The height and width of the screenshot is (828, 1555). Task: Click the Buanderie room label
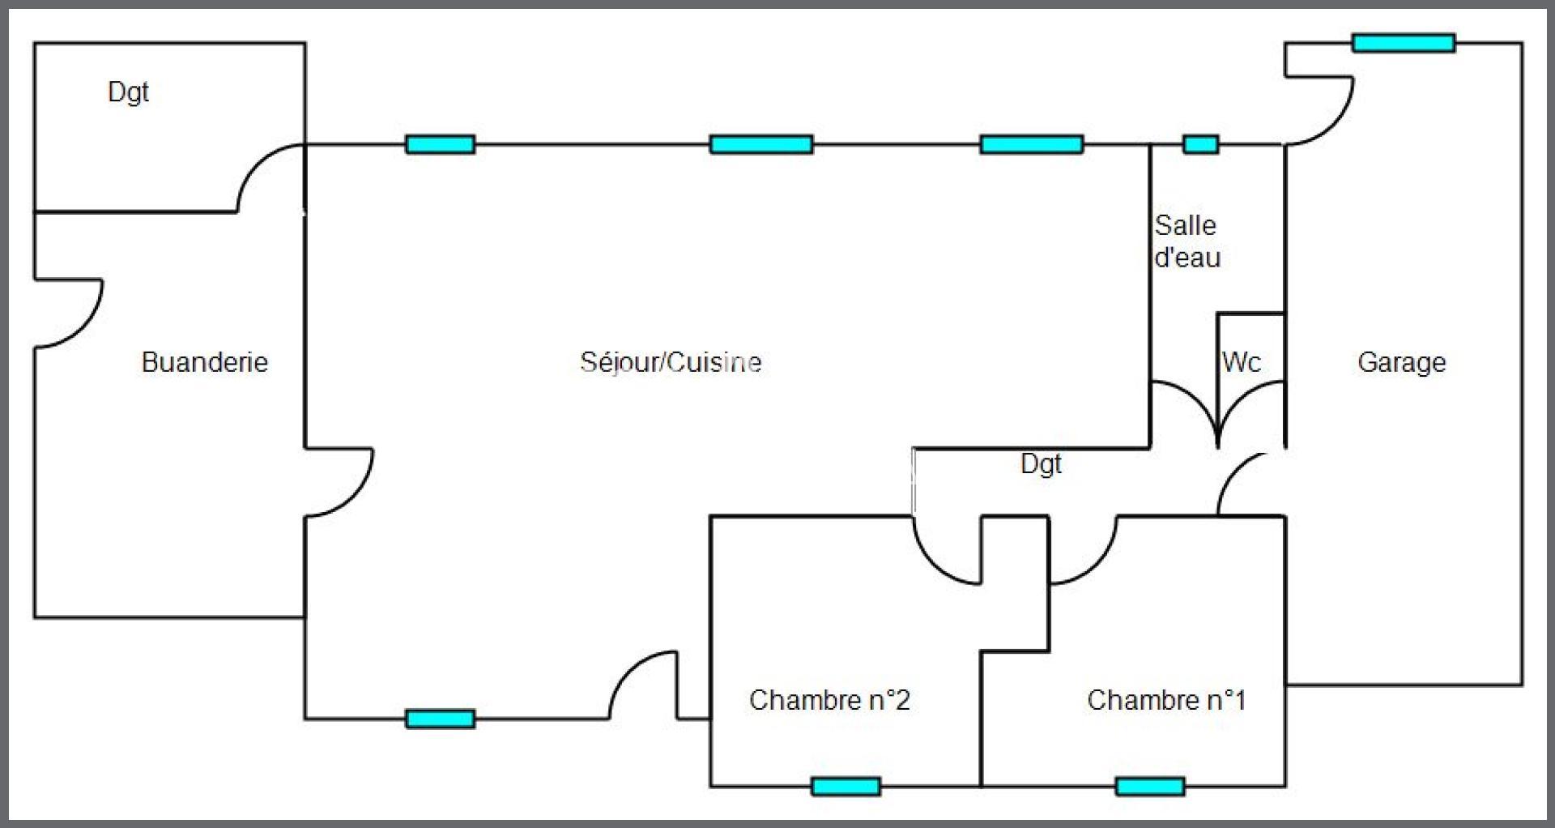coord(205,361)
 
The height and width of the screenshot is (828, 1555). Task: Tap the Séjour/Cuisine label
coord(671,361)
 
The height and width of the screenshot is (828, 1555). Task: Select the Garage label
coord(1402,362)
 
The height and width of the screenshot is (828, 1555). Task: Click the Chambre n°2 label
coord(829,700)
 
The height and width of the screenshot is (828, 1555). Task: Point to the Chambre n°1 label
coord(1166,700)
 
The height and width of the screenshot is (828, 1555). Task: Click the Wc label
coord(1242,361)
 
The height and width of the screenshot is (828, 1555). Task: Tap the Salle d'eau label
coord(1187,241)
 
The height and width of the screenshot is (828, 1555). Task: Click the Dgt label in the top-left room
coord(128,92)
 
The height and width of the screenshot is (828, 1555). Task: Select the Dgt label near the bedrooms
coord(1041,464)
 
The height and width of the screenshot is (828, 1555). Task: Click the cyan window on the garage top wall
coord(1404,43)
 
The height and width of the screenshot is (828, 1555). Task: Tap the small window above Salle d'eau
coord(1201,145)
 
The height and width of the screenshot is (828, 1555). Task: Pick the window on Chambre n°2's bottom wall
coord(846,786)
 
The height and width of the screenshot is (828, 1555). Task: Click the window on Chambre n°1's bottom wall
coord(1150,786)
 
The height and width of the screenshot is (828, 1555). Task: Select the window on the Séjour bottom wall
coord(440,719)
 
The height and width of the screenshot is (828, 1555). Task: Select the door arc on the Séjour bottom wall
coord(628,671)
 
